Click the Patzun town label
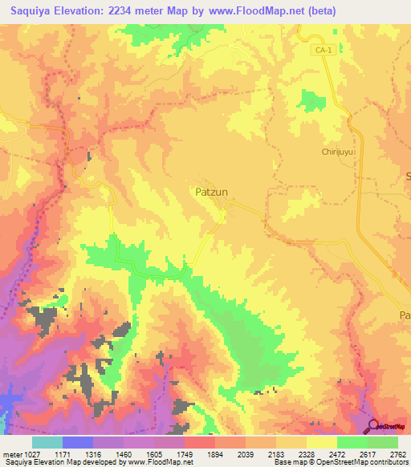click(x=213, y=192)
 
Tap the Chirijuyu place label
click(x=337, y=151)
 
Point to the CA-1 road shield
click(x=322, y=50)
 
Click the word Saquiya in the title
click(x=31, y=11)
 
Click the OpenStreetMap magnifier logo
click(x=374, y=425)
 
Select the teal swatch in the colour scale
click(x=47, y=441)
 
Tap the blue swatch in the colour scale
click(x=78, y=441)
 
